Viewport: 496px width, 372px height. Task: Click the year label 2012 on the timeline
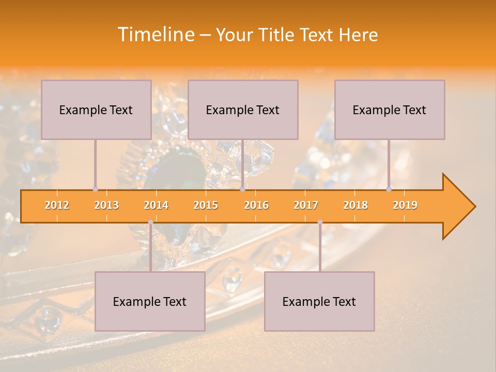point(57,205)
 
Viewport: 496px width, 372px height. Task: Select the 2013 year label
point(106,205)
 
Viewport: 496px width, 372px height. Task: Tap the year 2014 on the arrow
point(156,205)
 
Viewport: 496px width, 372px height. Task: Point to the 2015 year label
point(206,205)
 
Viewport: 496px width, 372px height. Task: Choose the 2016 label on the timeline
point(256,205)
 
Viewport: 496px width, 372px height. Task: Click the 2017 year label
point(306,205)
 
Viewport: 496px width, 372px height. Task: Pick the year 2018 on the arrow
point(355,205)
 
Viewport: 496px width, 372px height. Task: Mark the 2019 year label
point(405,205)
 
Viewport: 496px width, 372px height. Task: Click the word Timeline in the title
point(154,35)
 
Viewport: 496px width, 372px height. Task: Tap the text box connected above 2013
point(96,110)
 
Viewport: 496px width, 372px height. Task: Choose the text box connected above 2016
point(243,110)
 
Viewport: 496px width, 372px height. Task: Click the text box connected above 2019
point(390,110)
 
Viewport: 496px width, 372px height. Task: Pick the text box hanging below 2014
point(150,301)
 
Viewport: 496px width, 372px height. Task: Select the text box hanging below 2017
point(319,301)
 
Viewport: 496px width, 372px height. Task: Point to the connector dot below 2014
point(150,222)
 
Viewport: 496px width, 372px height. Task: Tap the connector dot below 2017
point(320,222)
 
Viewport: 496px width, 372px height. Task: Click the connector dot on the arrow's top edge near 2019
point(389,189)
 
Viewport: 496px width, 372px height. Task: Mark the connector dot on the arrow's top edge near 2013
point(95,189)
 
